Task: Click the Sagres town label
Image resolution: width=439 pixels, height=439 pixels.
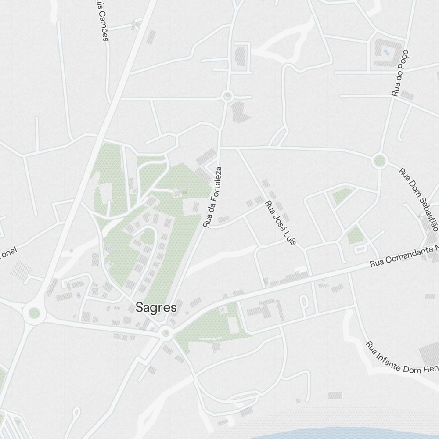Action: (x=156, y=307)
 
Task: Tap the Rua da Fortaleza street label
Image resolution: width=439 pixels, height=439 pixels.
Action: (x=213, y=197)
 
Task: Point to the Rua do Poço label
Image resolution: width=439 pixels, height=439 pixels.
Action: (x=400, y=73)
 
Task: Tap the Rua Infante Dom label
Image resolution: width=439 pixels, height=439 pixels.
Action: (x=402, y=361)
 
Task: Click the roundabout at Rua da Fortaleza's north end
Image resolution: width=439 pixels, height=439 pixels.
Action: (x=227, y=96)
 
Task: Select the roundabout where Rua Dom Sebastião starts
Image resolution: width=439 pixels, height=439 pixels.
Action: (x=379, y=161)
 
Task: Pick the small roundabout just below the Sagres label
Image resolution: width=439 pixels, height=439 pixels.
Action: (x=166, y=333)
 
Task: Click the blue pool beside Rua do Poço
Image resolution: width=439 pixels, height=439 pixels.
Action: (x=386, y=52)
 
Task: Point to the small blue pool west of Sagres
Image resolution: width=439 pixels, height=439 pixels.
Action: (x=79, y=295)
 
